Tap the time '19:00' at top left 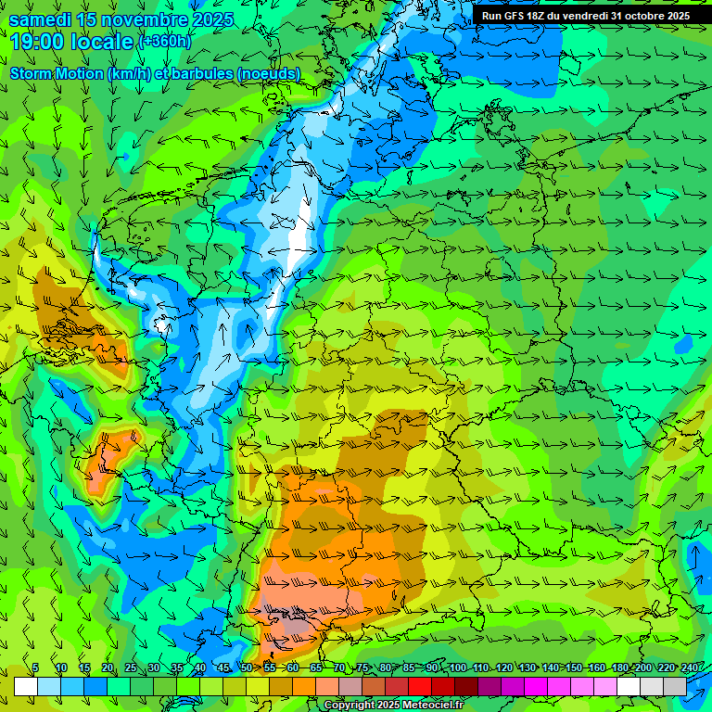[36, 41]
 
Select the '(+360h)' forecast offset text [164, 42]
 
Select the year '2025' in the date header [208, 19]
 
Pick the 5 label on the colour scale [35, 668]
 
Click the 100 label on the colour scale [458, 668]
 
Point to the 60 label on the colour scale [292, 668]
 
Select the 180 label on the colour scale [620, 668]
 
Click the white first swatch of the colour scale [26, 686]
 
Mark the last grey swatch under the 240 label [675, 686]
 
